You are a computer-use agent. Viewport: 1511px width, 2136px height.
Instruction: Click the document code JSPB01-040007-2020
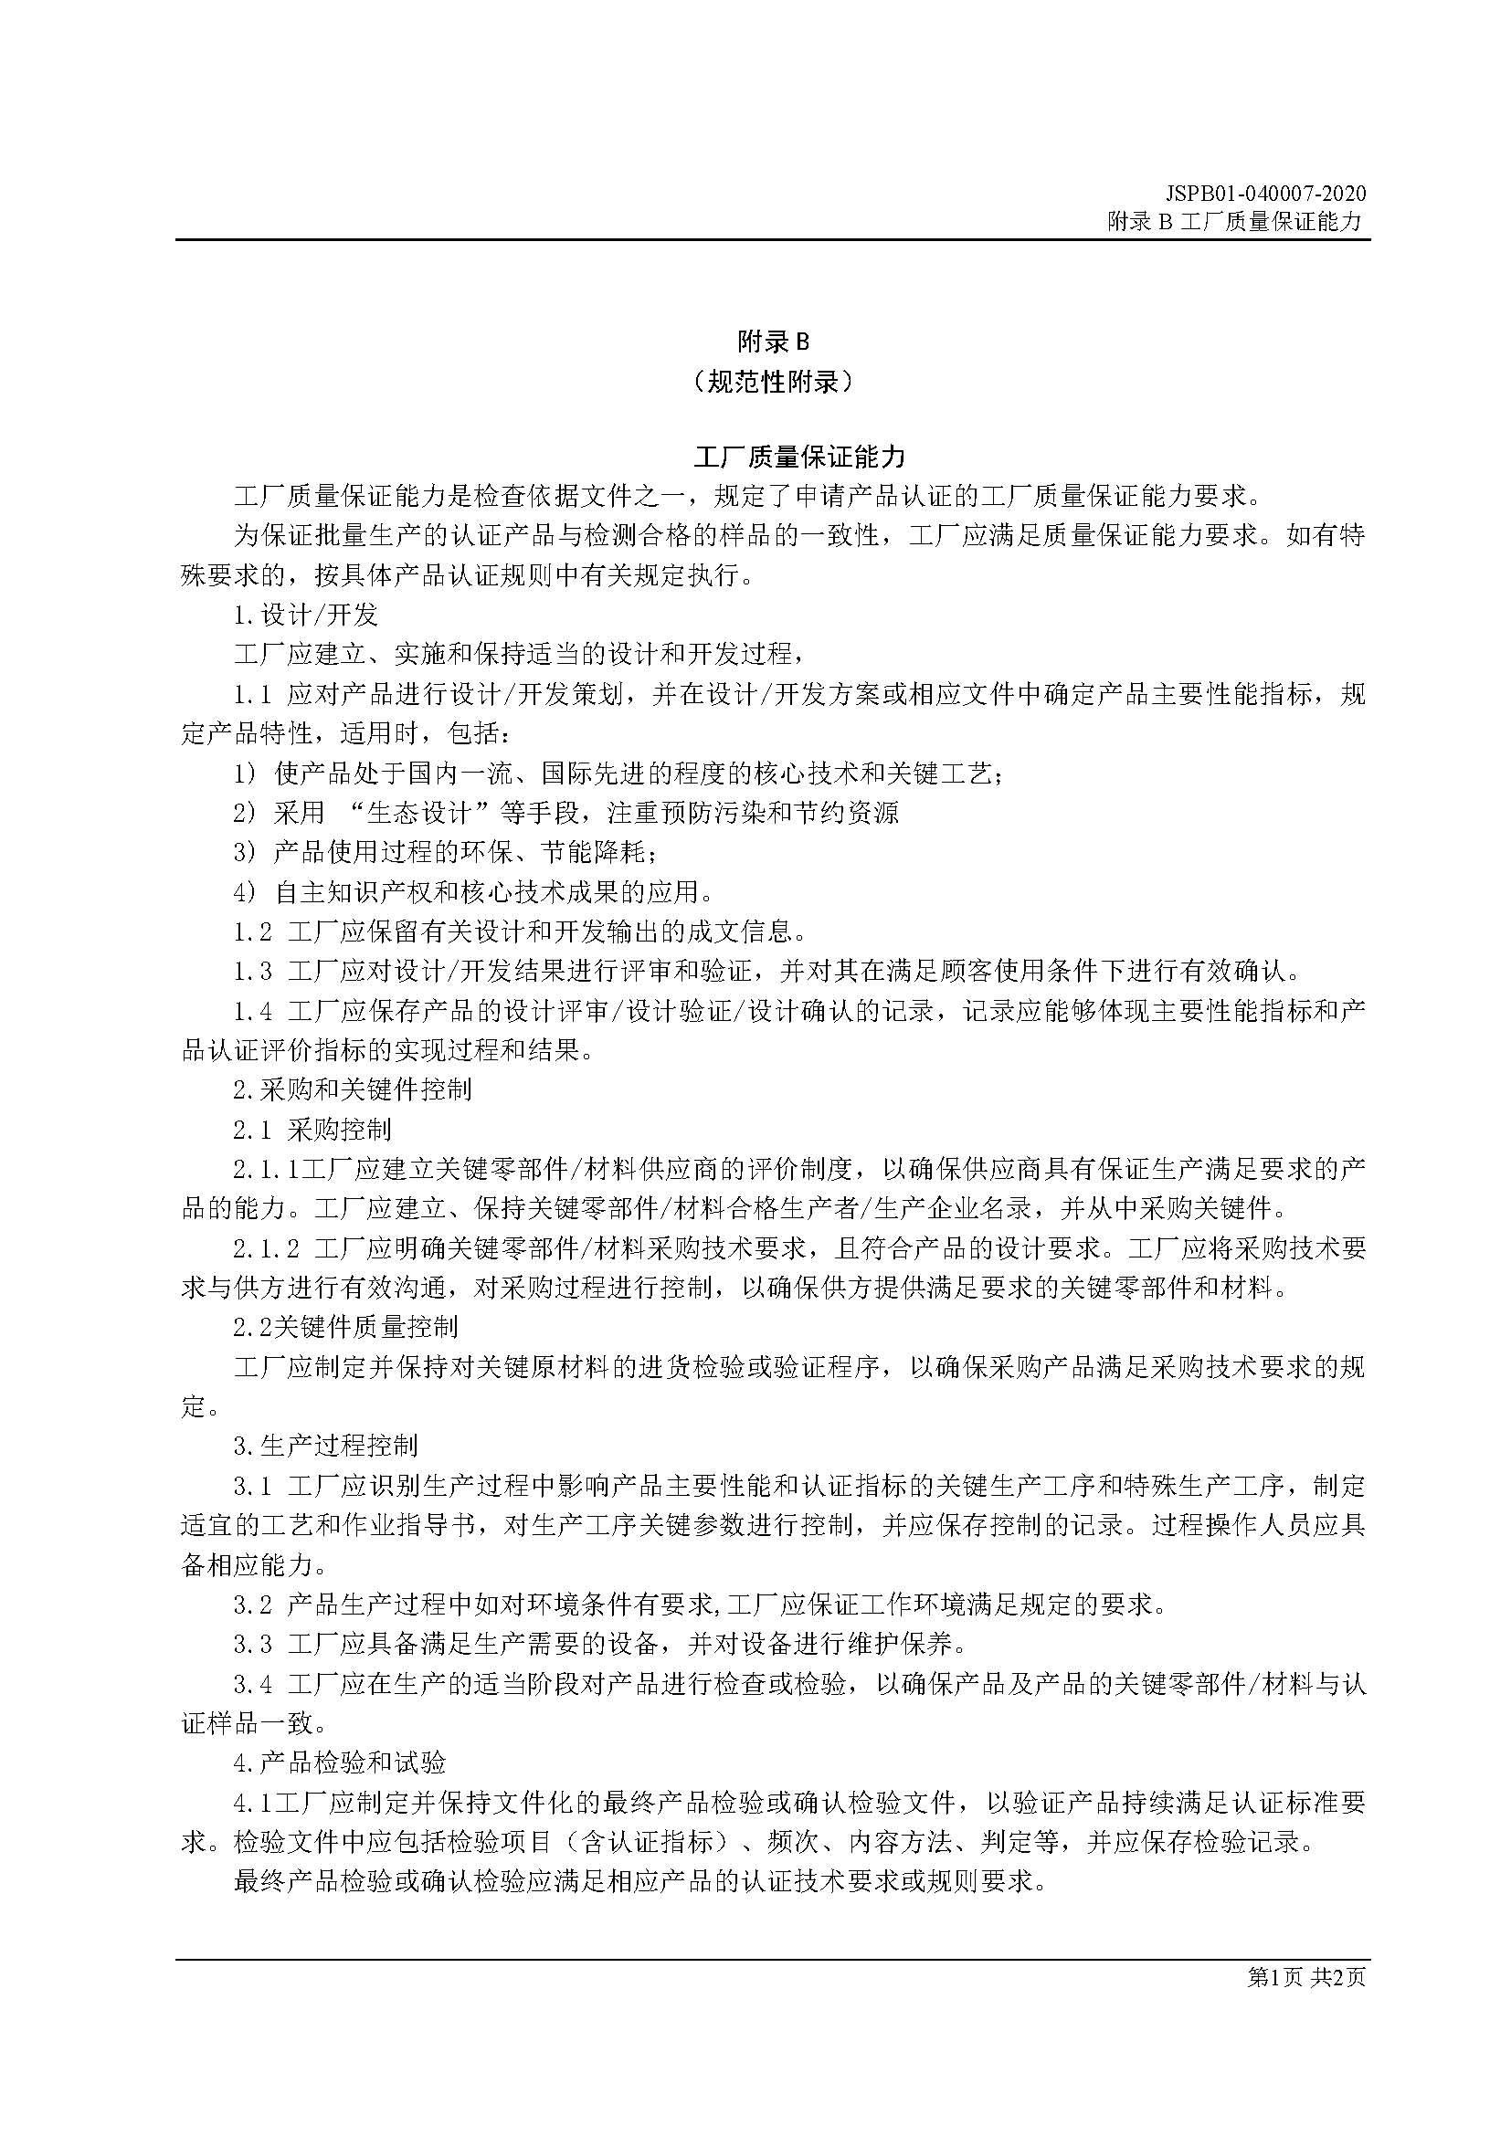tap(1265, 194)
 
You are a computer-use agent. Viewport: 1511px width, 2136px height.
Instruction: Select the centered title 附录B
tap(772, 342)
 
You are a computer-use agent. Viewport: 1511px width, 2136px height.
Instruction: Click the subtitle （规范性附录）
tap(772, 382)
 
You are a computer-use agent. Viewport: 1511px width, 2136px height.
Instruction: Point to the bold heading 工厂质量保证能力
tap(799, 457)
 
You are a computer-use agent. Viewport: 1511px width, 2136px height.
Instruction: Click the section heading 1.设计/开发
tap(305, 615)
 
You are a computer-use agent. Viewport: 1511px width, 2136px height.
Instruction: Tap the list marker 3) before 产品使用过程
tap(245, 852)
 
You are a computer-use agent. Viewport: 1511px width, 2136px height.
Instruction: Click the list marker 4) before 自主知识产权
tap(245, 892)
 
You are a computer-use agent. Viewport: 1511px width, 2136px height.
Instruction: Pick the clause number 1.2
tap(252, 931)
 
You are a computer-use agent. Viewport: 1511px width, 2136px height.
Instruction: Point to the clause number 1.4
tap(252, 1011)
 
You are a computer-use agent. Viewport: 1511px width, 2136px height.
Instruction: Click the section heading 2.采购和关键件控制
tap(352, 1089)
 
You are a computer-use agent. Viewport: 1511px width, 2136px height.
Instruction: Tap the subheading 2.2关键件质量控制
tap(345, 1327)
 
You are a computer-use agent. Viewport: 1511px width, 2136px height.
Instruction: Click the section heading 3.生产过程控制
tap(325, 1445)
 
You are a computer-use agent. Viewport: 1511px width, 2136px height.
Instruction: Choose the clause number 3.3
tap(252, 1644)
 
